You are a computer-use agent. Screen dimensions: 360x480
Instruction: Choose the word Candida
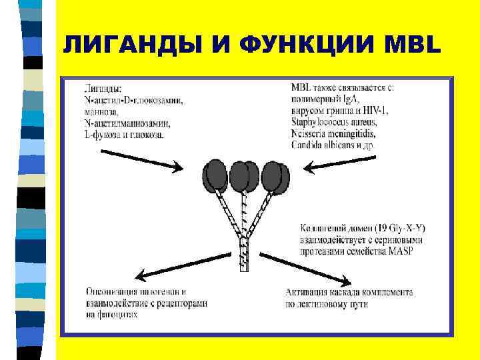[307, 145]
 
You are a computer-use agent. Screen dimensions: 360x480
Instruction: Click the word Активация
[306, 292]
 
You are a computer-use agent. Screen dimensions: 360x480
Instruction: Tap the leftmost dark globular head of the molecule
[215, 175]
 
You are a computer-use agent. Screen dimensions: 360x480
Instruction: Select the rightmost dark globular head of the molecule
[275, 175]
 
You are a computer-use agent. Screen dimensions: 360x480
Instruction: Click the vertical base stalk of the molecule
[244, 257]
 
